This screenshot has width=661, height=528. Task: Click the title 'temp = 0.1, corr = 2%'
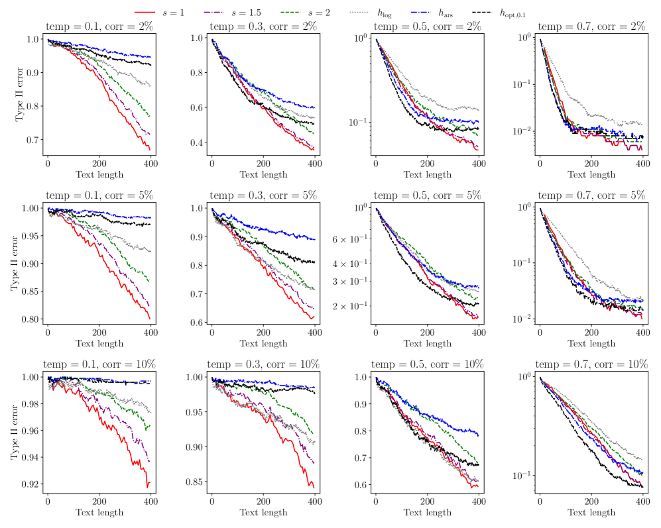tap(99, 27)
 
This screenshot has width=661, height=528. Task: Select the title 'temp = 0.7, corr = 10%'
tap(591, 364)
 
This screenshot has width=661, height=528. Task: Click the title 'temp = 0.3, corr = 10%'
tap(263, 364)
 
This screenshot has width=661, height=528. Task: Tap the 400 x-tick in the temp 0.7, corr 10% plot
tap(642, 500)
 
